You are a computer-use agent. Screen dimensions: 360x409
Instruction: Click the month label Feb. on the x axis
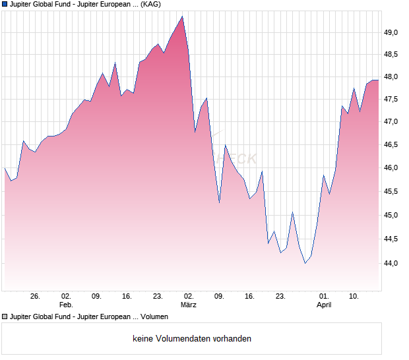pyautogui.click(x=66, y=305)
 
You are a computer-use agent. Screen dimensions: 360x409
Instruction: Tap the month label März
pyautogui.click(x=189, y=305)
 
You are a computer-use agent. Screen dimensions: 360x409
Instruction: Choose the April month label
pyautogui.click(x=324, y=305)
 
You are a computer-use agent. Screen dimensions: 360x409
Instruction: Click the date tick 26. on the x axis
pyautogui.click(x=36, y=296)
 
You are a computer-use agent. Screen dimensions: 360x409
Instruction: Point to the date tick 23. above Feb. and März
pyautogui.click(x=158, y=296)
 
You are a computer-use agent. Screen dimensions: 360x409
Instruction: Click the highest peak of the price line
pyautogui.click(x=183, y=16)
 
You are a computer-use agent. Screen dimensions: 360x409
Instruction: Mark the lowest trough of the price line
pyautogui.click(x=305, y=263)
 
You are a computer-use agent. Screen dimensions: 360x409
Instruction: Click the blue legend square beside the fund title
pyautogui.click(x=5, y=4)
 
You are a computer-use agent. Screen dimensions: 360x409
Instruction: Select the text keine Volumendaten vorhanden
pyautogui.click(x=192, y=339)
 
